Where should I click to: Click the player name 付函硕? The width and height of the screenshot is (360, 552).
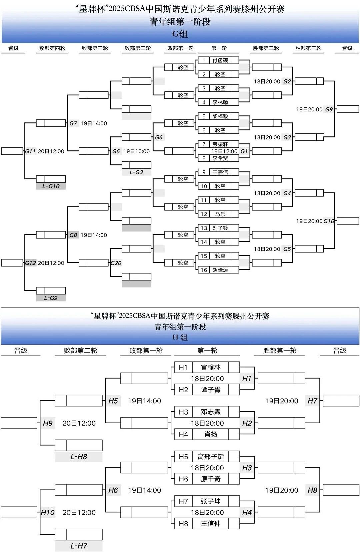pos(220,60)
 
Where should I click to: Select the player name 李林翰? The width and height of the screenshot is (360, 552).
pos(220,102)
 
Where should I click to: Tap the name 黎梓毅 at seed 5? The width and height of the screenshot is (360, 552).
pos(220,116)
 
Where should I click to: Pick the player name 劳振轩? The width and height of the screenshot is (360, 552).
pos(220,144)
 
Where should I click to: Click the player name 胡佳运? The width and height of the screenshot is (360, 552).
pos(220,270)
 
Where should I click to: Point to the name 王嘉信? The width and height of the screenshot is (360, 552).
pos(220,172)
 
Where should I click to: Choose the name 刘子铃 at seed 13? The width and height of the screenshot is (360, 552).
pos(220,228)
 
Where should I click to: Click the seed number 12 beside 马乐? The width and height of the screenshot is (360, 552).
pos(204,214)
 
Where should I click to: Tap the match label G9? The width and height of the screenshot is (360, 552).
pos(329,109)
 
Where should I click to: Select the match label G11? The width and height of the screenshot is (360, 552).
pos(30,151)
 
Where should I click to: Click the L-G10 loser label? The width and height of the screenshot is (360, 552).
pos(51,186)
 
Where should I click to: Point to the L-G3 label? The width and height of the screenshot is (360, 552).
pos(136,172)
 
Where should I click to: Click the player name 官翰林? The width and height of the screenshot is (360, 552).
pos(211,367)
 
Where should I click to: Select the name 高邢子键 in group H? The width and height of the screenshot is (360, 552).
pos(211,457)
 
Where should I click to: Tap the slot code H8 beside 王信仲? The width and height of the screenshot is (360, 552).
pos(183,524)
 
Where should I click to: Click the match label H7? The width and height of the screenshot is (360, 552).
pos(312,401)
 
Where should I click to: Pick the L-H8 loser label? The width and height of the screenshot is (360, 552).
pos(79,457)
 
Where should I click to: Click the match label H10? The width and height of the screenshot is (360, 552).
pos(48,512)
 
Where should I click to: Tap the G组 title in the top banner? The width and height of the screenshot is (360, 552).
pos(180,34)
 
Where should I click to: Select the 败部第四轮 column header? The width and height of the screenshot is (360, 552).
pos(52,48)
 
